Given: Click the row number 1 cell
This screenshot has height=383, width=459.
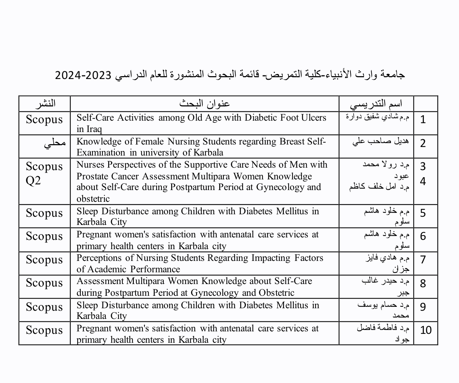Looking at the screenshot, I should (423, 120).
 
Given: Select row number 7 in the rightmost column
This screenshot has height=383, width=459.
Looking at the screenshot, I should (423, 260).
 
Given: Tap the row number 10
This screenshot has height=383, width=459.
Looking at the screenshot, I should (426, 330).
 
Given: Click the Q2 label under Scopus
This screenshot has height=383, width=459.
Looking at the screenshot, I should (33, 181).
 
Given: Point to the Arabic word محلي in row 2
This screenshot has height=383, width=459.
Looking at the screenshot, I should (55, 143).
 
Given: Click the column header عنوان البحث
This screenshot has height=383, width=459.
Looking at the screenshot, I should (205, 104).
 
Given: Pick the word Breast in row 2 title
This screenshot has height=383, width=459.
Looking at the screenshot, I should (292, 142).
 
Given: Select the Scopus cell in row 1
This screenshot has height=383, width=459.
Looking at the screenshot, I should (44, 120).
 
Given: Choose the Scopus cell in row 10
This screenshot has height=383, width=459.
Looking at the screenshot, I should (44, 330).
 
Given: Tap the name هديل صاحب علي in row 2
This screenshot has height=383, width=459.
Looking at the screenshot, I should (380, 142).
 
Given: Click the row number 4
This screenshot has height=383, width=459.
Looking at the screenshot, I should (423, 182).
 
